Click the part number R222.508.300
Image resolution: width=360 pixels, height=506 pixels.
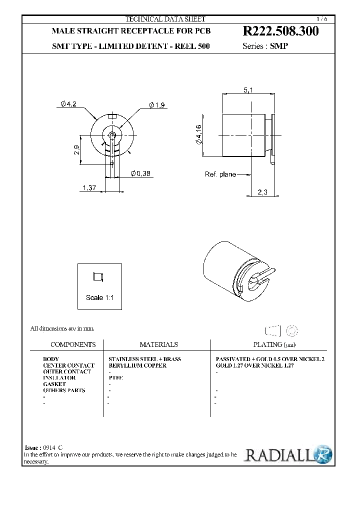coord(280,31)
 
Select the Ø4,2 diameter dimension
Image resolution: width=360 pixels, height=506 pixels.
coord(68,103)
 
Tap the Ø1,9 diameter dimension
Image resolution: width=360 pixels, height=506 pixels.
coord(156,104)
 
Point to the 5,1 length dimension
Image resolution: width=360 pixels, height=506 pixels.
coord(248,90)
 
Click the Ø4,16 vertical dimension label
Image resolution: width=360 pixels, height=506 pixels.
coord(198,135)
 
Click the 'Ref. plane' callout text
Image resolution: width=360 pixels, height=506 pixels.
coord(220,174)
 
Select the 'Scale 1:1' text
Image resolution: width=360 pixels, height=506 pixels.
coord(100,297)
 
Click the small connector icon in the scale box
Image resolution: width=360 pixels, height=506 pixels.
coord(97,276)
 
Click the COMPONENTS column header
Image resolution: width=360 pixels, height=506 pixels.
coord(73,344)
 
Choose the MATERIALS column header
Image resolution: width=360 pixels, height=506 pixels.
coord(158,344)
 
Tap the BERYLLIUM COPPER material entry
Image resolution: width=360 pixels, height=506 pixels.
coord(137,365)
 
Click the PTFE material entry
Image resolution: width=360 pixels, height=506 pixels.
coord(115,378)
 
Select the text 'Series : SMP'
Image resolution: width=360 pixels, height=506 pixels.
coord(265,46)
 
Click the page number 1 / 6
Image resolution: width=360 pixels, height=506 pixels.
coord(323,19)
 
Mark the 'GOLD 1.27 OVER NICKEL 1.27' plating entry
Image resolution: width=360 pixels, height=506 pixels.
coord(254,365)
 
